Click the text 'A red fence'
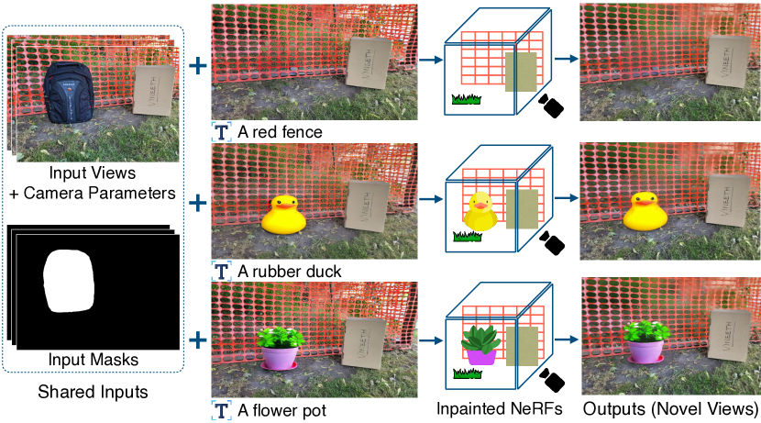coord(280,132)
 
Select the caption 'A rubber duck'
coord(289,272)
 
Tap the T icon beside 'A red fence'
coord(222,132)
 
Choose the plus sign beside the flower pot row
coord(197,341)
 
